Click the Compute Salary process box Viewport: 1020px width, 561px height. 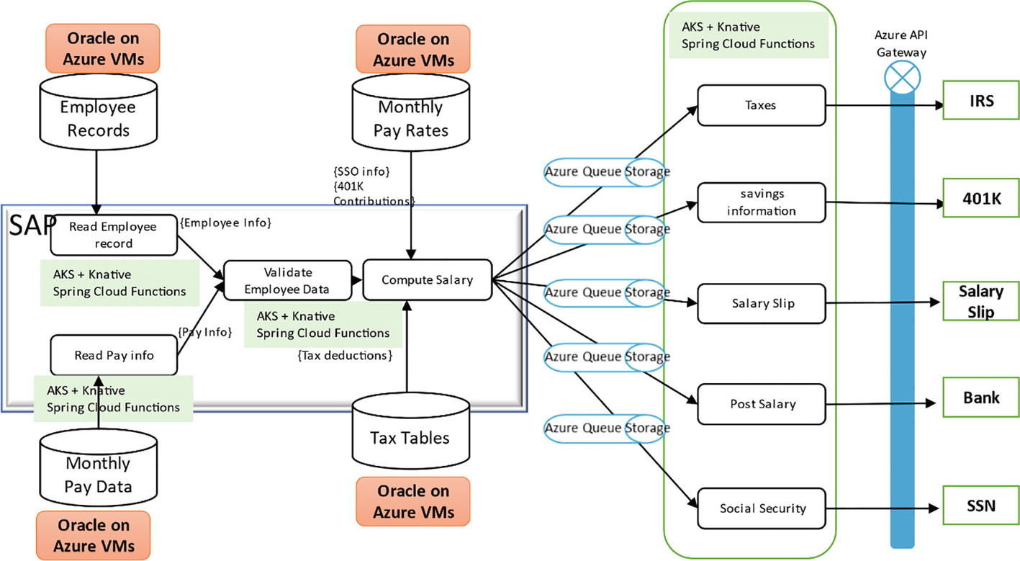[427, 279]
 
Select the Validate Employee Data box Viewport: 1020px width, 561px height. [287, 281]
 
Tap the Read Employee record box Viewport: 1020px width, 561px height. [113, 235]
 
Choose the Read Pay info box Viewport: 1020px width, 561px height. [113, 355]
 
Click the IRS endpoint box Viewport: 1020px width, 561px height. [980, 101]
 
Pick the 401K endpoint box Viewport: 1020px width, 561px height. [980, 198]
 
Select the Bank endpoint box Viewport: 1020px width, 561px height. [980, 397]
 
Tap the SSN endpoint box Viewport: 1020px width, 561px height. [980, 506]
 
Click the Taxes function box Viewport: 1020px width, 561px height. [761, 105]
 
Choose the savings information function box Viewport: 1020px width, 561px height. [761, 202]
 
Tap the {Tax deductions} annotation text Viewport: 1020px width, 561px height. [345, 355]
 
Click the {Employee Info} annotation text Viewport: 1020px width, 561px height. [226, 223]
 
